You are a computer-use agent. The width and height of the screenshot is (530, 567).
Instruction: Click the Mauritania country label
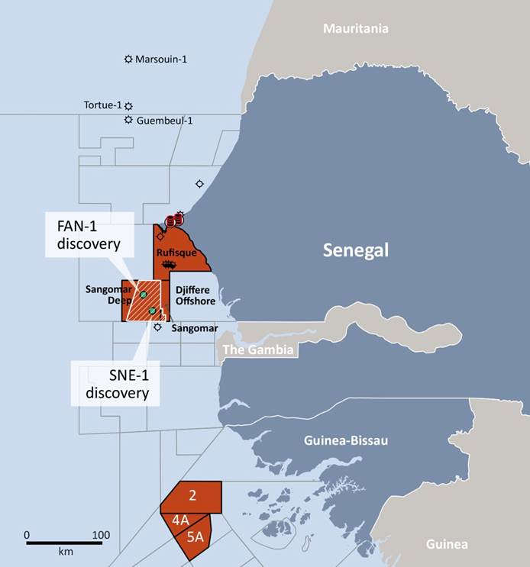[x=355, y=29]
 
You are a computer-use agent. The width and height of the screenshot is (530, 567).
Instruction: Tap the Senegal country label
[x=355, y=250]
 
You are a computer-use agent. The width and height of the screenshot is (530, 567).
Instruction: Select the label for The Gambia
[x=255, y=350]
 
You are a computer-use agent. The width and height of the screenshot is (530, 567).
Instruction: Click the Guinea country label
[x=447, y=543]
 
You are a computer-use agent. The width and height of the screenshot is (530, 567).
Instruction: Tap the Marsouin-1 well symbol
[x=128, y=59]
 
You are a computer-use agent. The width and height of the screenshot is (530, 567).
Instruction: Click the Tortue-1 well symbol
[x=128, y=105]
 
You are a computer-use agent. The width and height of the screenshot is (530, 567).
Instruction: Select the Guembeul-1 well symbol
[x=128, y=120]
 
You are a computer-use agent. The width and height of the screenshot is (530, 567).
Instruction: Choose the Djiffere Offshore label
[x=192, y=295]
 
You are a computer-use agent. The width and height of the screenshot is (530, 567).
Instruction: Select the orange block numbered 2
[x=192, y=496]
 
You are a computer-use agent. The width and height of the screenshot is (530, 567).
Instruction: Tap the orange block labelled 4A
[x=180, y=520]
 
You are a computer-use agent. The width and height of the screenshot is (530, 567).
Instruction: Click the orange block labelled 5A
[x=196, y=536]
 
